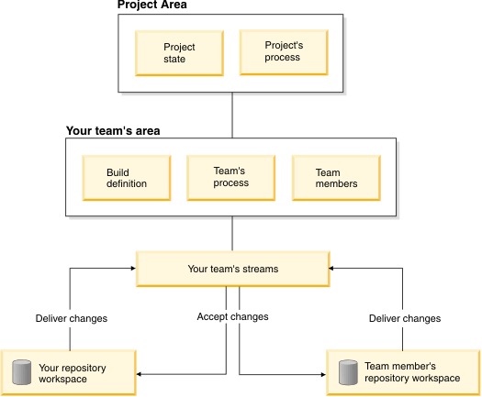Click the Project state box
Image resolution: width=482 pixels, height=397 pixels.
(179, 53)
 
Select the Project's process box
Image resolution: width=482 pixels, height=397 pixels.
(284, 52)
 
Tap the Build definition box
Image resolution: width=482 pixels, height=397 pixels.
(127, 178)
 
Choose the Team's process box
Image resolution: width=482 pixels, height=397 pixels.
(230, 178)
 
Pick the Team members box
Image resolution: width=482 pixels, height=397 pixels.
(336, 178)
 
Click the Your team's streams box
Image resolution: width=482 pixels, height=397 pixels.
(233, 269)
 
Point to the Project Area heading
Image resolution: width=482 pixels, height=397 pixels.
(152, 5)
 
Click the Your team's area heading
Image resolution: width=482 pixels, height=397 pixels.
(113, 131)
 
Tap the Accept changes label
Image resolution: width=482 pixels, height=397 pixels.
(232, 316)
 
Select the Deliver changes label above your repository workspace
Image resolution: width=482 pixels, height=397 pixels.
(72, 318)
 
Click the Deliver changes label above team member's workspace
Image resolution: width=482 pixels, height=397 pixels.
(405, 318)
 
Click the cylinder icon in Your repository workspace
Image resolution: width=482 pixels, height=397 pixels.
(21, 372)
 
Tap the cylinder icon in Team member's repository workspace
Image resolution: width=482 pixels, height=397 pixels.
(348, 372)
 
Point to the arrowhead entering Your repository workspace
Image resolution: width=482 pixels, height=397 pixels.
(139, 374)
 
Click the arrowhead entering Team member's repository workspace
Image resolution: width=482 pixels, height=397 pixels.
(323, 375)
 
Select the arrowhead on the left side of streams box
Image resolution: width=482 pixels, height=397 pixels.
(133, 269)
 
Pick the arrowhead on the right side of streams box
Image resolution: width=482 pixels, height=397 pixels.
(331, 269)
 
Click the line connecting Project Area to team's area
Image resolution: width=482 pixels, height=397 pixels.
(232, 116)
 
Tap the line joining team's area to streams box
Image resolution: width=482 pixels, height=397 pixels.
(232, 234)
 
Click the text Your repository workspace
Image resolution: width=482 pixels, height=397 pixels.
(73, 373)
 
